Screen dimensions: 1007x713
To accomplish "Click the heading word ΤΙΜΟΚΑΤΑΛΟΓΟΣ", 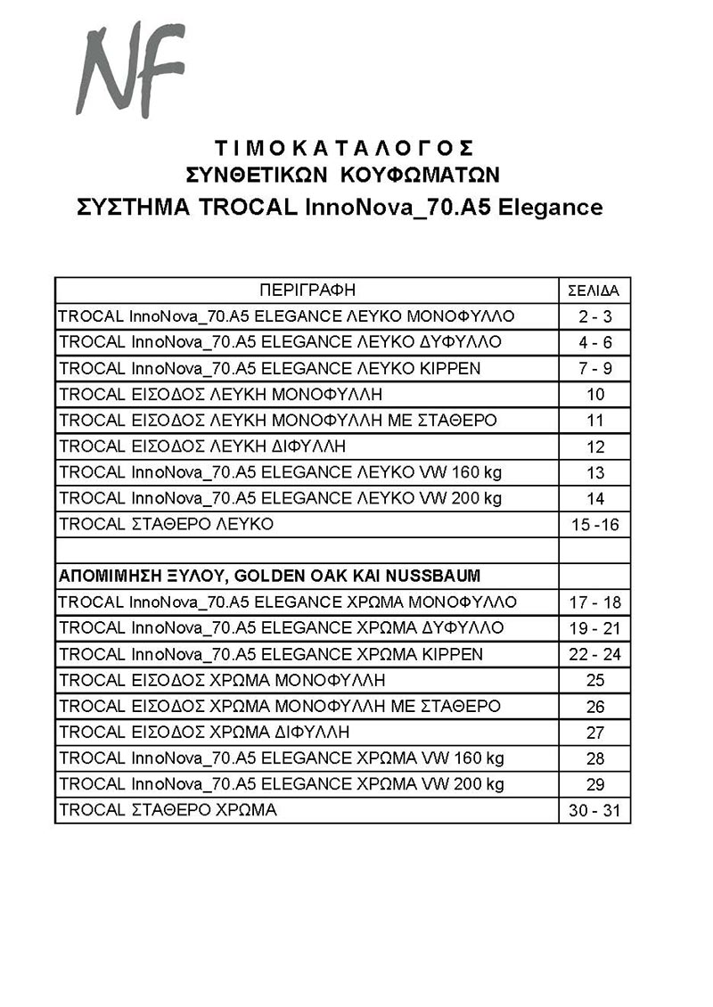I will click(343, 147).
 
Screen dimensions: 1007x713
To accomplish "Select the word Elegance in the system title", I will click(550, 208).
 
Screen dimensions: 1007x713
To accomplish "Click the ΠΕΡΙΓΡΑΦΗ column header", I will click(307, 291).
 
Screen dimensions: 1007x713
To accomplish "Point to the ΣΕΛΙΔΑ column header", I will click(594, 291).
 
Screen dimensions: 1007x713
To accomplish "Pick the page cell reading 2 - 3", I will click(594, 317).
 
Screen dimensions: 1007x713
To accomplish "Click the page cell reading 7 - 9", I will click(594, 369).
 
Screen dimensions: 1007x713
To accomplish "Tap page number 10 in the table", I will click(595, 395).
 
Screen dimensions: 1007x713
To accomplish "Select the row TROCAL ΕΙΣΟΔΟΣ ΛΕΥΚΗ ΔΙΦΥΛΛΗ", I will click(202, 446).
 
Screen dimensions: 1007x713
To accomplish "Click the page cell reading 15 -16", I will click(594, 525).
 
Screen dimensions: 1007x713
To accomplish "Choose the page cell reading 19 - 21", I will click(594, 629).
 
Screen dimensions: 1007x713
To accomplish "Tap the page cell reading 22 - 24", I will click(594, 655).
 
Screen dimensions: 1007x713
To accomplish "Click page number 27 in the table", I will click(595, 733).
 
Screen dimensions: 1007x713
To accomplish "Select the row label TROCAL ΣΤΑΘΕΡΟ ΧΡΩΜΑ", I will click(168, 810).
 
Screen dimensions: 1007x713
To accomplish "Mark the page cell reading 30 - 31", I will click(594, 812).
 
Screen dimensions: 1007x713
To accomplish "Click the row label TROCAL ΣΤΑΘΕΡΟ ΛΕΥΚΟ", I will click(166, 524).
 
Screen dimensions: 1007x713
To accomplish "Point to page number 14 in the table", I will click(595, 499).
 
